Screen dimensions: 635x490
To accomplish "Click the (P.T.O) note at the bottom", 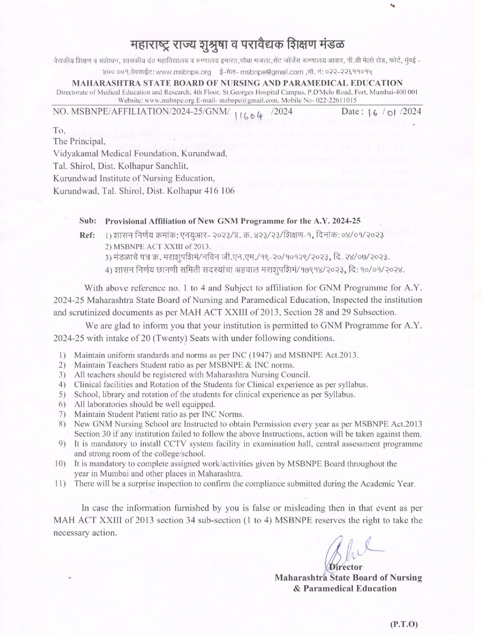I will coord(404,613).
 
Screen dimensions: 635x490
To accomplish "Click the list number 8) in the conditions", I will coord(61,424).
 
